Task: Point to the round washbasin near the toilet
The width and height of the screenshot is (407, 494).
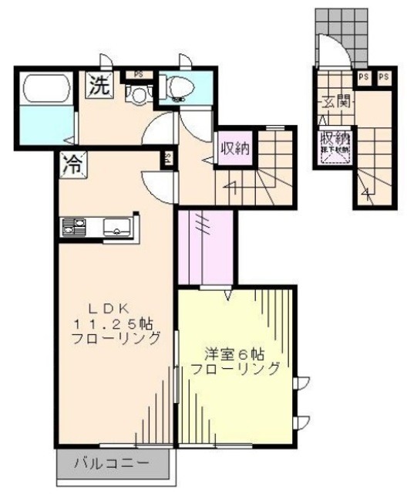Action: tap(138, 94)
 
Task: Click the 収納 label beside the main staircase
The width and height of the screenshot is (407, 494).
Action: tap(234, 147)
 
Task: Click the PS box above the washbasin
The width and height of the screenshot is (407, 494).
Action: tap(139, 74)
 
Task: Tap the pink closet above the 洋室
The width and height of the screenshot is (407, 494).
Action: tap(206, 245)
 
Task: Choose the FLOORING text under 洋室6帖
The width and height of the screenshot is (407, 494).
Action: tap(236, 369)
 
